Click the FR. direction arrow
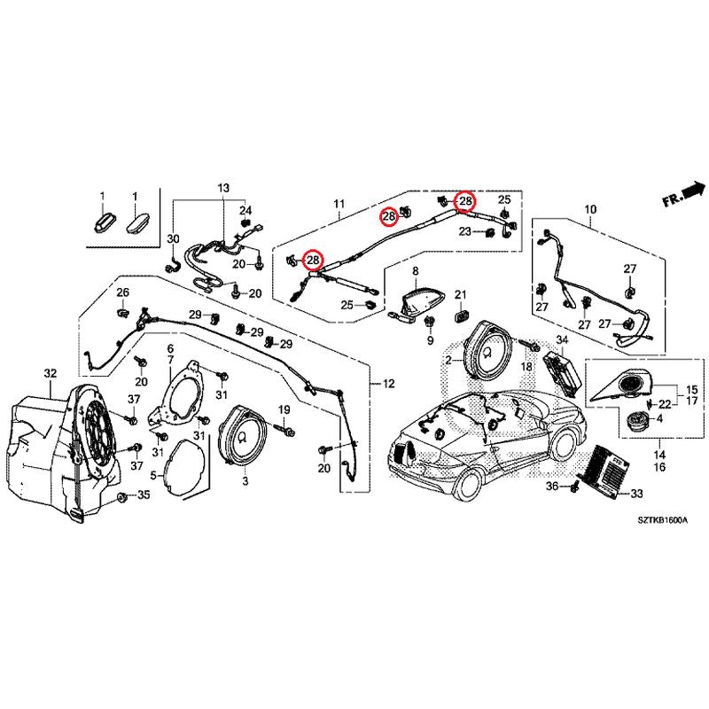pyautogui.click(x=683, y=192)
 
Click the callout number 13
pyautogui.click(x=222, y=189)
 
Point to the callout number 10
pyautogui.click(x=590, y=210)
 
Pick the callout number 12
pyautogui.click(x=388, y=384)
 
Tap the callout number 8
pyautogui.click(x=414, y=269)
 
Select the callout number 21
pyautogui.click(x=460, y=294)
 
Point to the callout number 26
pyautogui.click(x=123, y=293)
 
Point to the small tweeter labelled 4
pyautogui.click(x=635, y=420)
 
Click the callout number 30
pyautogui.click(x=174, y=239)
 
